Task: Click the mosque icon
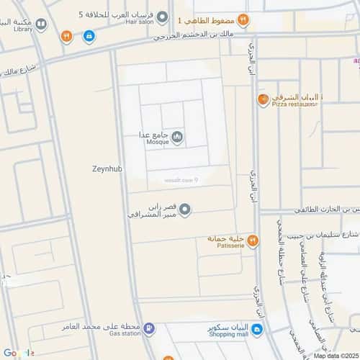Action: coord(177,137)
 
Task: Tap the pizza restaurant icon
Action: coord(264,99)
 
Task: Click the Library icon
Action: coord(42,24)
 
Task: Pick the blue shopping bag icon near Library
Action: coord(89,35)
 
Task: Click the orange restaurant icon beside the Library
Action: coord(66,35)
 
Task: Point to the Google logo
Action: coord(17,352)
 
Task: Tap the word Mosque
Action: coord(157,142)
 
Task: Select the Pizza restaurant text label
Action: coord(295,104)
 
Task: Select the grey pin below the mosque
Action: coord(185,210)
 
